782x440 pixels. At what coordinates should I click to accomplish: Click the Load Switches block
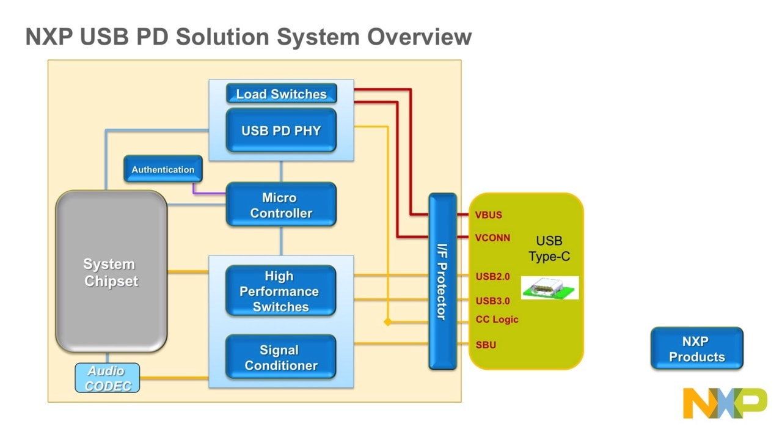point(281,94)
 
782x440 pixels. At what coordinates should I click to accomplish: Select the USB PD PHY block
point(281,130)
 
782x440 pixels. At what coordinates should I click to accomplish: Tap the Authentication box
point(163,169)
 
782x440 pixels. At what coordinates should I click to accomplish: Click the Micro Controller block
point(281,205)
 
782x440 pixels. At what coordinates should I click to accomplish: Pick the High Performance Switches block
point(281,291)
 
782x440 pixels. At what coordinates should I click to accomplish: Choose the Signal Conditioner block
point(281,357)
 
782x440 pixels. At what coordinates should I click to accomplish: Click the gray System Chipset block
point(111,272)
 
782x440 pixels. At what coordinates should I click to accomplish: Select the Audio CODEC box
point(108,378)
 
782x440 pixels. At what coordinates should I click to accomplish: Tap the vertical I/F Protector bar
point(442,281)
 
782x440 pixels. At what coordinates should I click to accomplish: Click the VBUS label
point(488,215)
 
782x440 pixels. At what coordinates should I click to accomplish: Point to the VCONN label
point(492,238)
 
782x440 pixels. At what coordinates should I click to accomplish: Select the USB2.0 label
point(492,277)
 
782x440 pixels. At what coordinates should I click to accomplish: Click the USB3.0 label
point(492,301)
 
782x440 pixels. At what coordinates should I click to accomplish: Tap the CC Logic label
point(497,320)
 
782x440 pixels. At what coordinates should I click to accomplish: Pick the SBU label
point(486,345)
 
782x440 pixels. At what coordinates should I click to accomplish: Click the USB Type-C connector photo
point(549,288)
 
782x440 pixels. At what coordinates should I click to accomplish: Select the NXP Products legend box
point(696,349)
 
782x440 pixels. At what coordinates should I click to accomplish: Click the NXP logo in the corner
point(725,403)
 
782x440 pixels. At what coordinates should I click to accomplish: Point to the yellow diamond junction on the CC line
point(387,321)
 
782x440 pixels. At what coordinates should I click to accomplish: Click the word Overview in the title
point(419,37)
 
